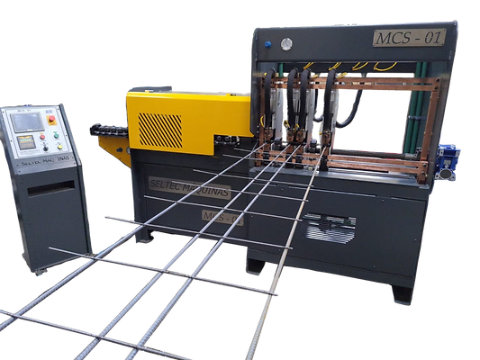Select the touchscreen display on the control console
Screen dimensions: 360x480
[x=27, y=121]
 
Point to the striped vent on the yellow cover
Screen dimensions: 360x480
[x=159, y=129]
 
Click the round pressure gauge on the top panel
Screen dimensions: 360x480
[x=286, y=43]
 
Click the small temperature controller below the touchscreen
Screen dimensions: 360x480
[x=27, y=141]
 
